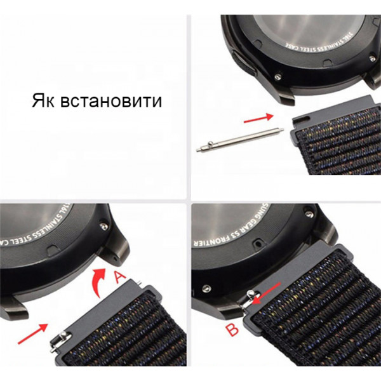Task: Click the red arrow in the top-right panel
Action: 258,117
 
